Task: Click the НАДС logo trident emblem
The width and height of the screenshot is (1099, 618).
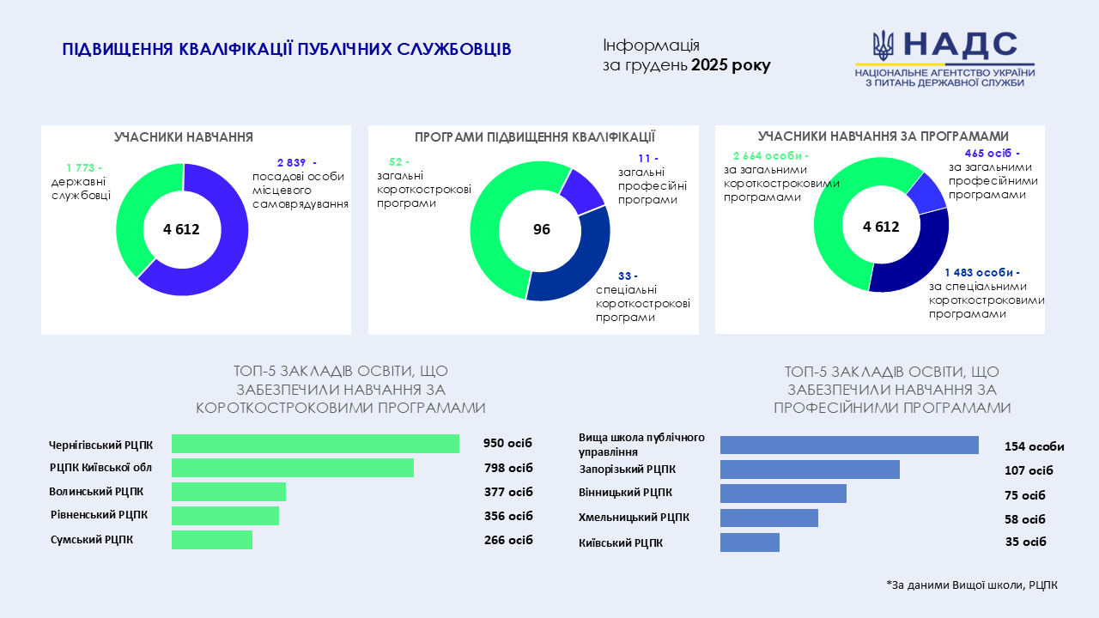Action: (883, 45)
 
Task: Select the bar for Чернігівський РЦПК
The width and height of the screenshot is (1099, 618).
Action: (315, 444)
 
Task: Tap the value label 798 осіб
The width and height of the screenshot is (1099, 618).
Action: (508, 468)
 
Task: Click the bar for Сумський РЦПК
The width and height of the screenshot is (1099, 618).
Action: (212, 540)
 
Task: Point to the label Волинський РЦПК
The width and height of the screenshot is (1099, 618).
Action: (96, 492)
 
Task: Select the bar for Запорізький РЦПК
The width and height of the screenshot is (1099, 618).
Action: (810, 470)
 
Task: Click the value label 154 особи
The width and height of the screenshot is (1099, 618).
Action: (1034, 446)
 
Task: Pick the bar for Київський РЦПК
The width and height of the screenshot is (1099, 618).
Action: (750, 542)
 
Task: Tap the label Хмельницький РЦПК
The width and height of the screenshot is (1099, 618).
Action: (634, 518)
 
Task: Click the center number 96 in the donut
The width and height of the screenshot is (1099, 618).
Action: (541, 230)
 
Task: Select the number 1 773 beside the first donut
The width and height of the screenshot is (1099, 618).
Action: (83, 167)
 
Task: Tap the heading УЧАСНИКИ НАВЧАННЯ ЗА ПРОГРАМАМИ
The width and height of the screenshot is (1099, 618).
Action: (883, 136)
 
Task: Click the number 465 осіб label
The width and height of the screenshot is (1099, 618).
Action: (991, 154)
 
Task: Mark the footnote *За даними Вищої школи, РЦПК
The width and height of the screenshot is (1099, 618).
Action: (972, 585)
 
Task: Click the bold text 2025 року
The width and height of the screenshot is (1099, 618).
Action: (731, 65)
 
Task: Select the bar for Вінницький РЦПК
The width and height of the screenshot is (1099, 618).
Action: (783, 494)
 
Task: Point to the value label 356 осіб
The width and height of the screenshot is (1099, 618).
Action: (508, 516)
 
